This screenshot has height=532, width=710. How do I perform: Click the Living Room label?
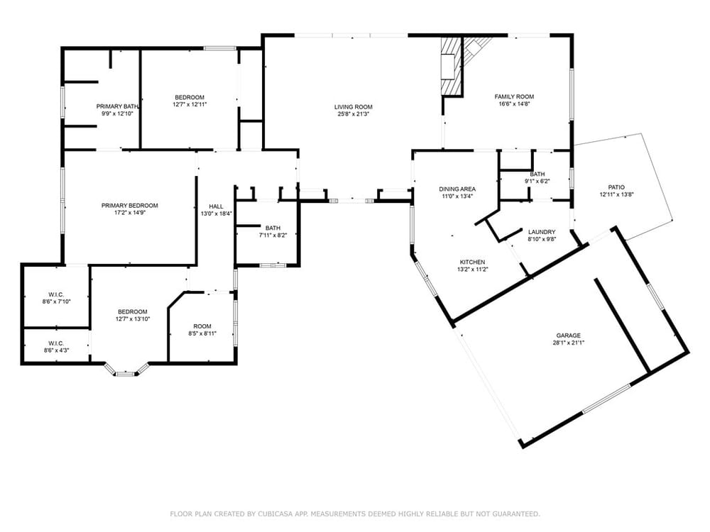353,107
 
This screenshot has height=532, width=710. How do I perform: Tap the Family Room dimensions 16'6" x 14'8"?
514,104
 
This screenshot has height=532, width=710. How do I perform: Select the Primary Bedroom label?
129,206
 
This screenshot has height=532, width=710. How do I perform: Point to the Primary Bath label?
117,107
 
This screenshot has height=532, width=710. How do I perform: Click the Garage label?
568,336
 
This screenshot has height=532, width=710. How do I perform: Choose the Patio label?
616,187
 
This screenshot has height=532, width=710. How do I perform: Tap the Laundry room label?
542,232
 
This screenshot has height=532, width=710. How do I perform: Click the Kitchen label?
472,262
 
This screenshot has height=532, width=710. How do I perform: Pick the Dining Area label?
457,189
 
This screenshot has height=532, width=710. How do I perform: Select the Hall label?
216,206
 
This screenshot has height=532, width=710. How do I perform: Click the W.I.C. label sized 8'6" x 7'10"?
57,294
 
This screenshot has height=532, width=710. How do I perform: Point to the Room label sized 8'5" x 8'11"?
202,326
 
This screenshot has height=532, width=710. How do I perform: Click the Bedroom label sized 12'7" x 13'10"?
133,311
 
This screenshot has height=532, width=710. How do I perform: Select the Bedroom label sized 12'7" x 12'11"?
190,97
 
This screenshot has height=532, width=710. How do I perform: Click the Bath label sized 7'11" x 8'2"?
273,228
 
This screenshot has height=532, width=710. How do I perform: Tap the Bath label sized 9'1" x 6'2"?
537,174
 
